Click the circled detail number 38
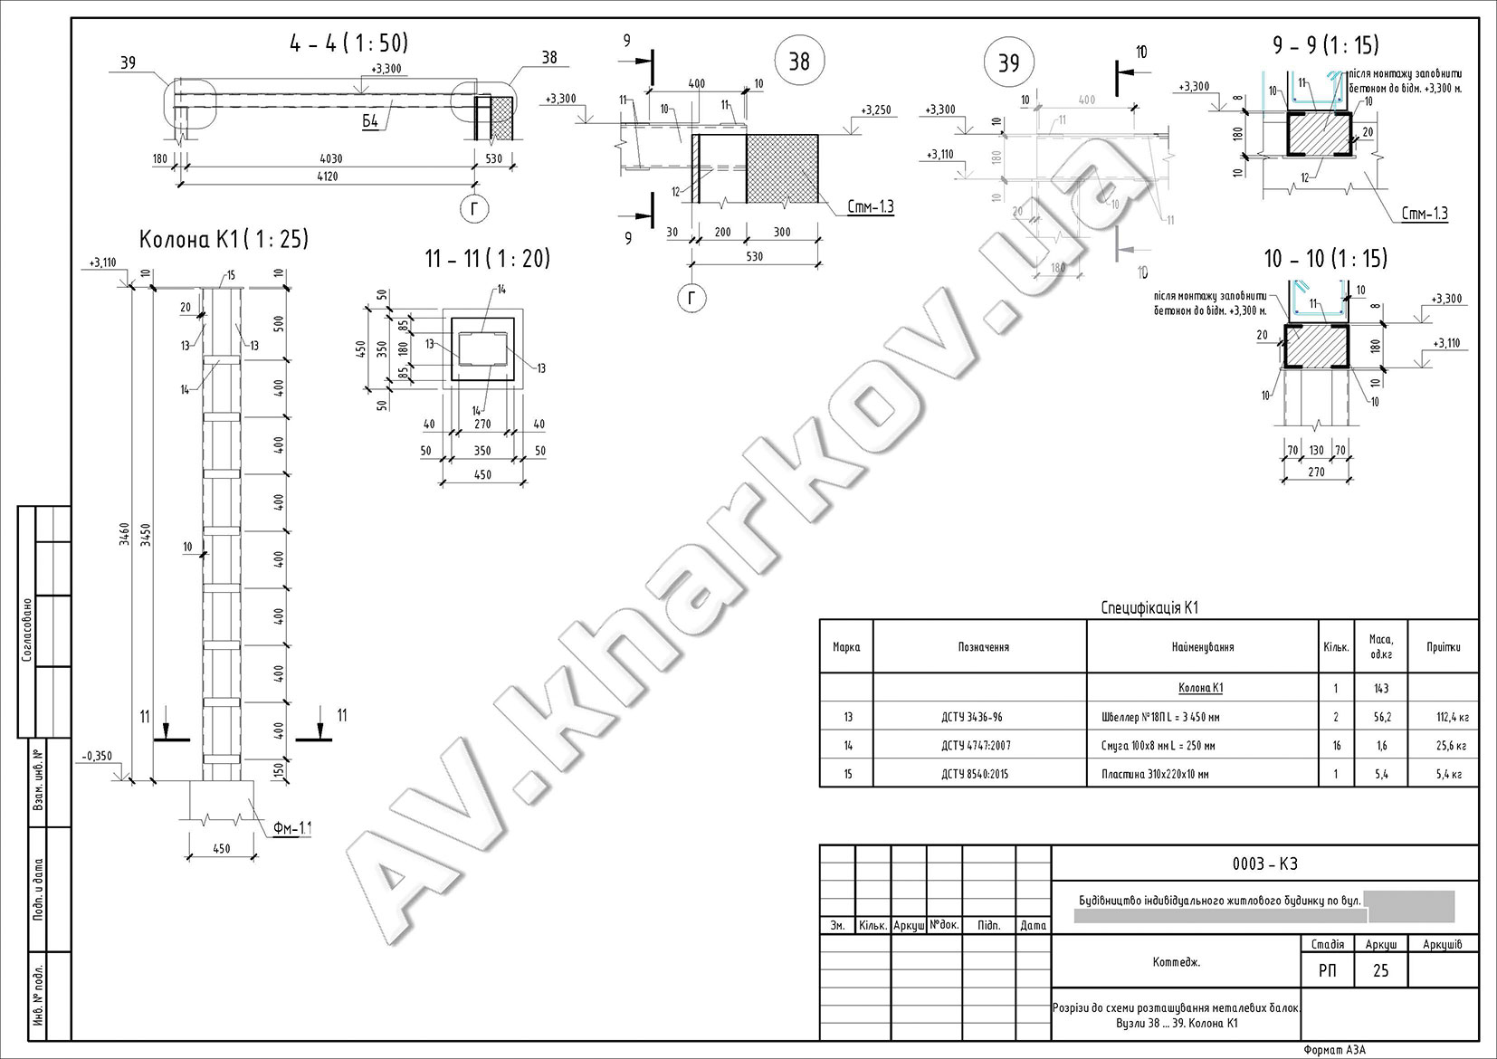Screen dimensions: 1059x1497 pyautogui.click(x=799, y=61)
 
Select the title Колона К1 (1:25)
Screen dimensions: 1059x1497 pyautogui.click(x=224, y=240)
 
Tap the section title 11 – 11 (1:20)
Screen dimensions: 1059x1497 pyautogui.click(x=488, y=259)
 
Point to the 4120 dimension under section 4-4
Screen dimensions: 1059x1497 pyautogui.click(x=327, y=176)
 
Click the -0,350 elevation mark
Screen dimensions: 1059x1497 pyautogui.click(x=96, y=756)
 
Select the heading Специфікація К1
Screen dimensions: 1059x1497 pyautogui.click(x=1149, y=608)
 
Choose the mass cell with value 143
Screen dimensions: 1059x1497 pyautogui.click(x=1380, y=689)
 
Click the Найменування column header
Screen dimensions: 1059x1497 pyautogui.click(x=1201, y=647)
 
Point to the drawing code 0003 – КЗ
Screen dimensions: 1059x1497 pyautogui.click(x=1264, y=864)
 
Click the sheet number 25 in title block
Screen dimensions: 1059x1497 pyautogui.click(x=1381, y=971)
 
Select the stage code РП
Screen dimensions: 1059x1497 pyautogui.click(x=1327, y=971)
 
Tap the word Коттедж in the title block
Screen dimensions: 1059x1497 pyautogui.click(x=1177, y=962)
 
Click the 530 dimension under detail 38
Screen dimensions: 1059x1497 pyautogui.click(x=754, y=256)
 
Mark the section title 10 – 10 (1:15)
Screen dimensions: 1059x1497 pyautogui.click(x=1326, y=260)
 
